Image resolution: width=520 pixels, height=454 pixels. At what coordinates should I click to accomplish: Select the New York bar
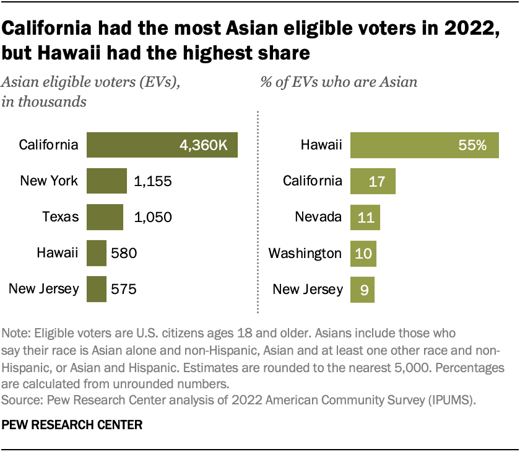tap(106, 181)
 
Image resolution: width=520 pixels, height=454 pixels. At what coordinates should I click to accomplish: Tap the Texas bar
tap(105, 217)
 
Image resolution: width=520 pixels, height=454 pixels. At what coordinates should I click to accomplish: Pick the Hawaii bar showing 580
tap(97, 253)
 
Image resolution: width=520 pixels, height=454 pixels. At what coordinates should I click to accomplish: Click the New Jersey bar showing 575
tap(97, 288)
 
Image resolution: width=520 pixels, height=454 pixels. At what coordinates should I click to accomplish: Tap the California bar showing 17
tap(373, 181)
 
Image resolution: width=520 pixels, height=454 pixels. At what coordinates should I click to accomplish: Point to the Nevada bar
tap(365, 217)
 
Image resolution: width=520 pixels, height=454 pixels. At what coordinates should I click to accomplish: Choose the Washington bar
tap(363, 253)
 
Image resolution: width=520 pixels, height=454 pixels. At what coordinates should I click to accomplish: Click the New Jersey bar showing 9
tap(362, 289)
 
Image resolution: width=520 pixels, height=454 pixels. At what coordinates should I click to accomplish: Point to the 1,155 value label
tap(152, 181)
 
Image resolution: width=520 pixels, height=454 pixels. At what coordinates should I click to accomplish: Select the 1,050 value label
tap(152, 217)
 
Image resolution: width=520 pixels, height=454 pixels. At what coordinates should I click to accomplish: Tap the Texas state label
tap(60, 217)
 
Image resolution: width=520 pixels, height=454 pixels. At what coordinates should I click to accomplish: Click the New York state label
tap(49, 181)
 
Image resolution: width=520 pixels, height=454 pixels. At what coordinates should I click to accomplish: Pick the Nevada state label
tap(319, 217)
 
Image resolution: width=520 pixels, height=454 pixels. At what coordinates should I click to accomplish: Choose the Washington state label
tap(305, 253)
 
